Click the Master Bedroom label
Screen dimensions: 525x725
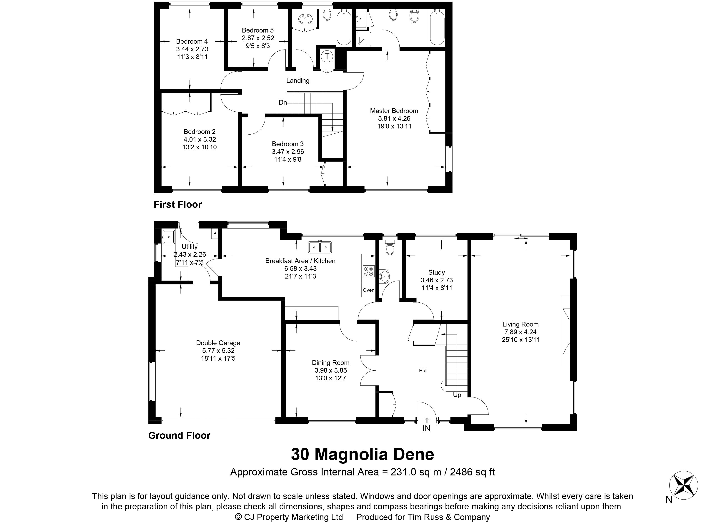[394, 111]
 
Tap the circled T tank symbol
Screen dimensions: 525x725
[327, 57]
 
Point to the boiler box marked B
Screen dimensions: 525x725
[215, 234]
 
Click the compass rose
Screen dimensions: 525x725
[683, 485]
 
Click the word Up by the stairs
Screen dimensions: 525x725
[457, 395]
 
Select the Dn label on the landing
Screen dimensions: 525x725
[282, 103]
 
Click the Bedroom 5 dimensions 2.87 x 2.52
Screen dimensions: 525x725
[258, 38]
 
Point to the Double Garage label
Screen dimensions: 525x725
[218, 343]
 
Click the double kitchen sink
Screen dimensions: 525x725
[320, 247]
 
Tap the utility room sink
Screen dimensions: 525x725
[168, 237]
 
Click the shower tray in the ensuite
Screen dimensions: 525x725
[364, 39]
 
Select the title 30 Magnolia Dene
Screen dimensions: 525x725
[362, 454]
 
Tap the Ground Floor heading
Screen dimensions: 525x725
[179, 435]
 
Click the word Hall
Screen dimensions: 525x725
[423, 371]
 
